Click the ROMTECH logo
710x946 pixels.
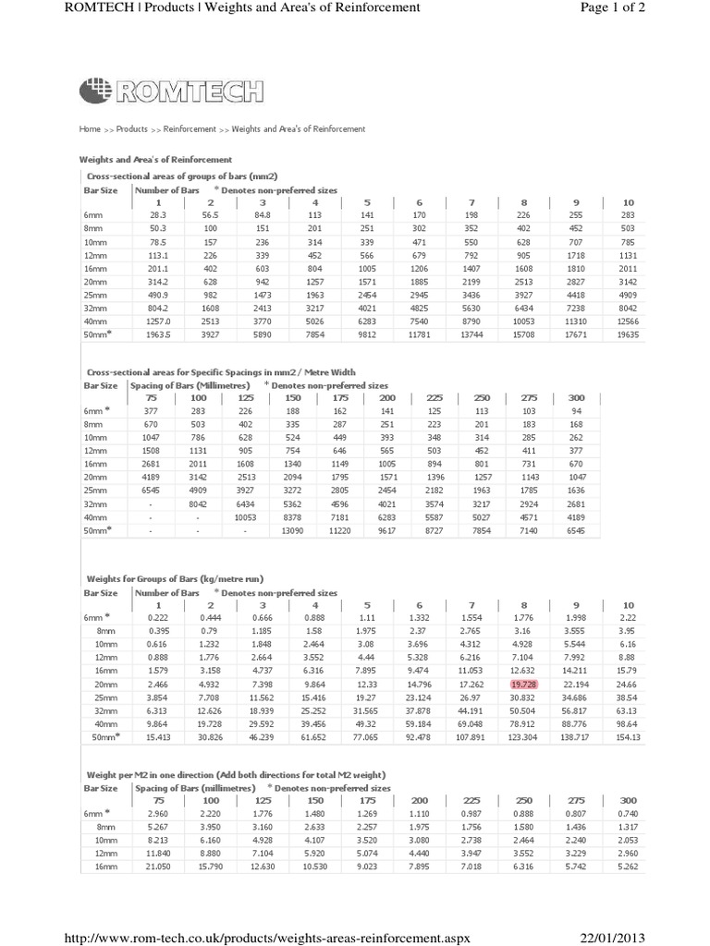coord(172,91)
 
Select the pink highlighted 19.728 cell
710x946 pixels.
coord(523,683)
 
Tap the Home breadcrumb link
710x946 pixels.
coord(90,129)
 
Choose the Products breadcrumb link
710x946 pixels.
coord(131,129)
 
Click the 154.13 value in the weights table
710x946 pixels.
coord(629,742)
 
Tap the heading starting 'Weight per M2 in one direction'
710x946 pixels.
coord(236,774)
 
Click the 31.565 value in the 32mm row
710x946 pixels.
coord(366,712)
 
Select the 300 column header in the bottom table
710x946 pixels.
coord(629,800)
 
